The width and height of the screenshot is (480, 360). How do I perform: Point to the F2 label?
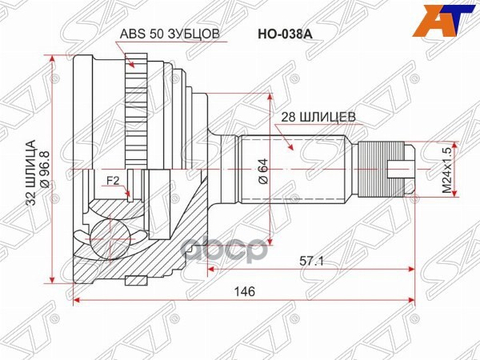tap(114, 181)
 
